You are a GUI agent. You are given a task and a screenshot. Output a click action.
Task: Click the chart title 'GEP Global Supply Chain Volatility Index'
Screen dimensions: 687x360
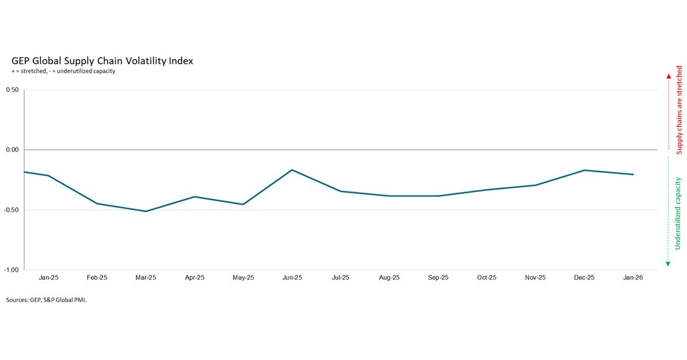pyautogui.click(x=102, y=61)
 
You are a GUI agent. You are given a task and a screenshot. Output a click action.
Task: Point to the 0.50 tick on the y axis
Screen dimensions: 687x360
pyautogui.click(x=12, y=90)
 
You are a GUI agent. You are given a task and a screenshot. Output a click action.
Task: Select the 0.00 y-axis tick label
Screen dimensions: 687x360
pyautogui.click(x=12, y=150)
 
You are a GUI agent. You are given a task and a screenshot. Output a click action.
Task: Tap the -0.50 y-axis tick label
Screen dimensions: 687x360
pyautogui.click(x=11, y=210)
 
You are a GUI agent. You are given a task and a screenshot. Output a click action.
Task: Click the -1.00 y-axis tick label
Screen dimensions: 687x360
pyautogui.click(x=11, y=270)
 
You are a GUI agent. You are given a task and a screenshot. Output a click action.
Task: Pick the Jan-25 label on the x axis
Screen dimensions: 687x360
pyautogui.click(x=48, y=278)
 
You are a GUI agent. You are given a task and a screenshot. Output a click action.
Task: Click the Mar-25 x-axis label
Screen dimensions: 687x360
pyautogui.click(x=145, y=278)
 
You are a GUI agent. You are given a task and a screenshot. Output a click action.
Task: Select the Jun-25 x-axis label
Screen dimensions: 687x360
pyautogui.click(x=292, y=278)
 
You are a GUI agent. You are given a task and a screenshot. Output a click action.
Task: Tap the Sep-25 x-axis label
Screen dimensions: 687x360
pyautogui.click(x=438, y=278)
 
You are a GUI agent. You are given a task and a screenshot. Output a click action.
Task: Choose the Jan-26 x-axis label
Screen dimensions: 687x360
pyautogui.click(x=633, y=278)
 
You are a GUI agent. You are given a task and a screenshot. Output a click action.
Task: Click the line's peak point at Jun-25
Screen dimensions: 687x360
pyautogui.click(x=292, y=170)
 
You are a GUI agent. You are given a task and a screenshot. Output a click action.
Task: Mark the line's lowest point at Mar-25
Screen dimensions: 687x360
pyautogui.click(x=145, y=211)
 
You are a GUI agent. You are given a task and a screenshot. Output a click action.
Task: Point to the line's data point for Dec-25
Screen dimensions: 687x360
pyautogui.click(x=584, y=170)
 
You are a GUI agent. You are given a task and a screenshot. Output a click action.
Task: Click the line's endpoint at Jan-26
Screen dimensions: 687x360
pyautogui.click(x=633, y=174)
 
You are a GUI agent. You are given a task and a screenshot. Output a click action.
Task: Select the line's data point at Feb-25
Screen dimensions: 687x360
pyautogui.click(x=97, y=204)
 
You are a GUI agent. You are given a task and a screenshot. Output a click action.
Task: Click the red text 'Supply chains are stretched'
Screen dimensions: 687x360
pyautogui.click(x=679, y=110)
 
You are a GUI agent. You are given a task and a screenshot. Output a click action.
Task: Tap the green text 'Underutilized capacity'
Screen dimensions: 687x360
pyautogui.click(x=678, y=213)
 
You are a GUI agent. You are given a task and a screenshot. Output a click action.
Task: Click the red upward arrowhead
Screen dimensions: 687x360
pyautogui.click(x=668, y=76)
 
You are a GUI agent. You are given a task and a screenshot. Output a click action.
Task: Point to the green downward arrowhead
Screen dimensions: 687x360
pyautogui.click(x=668, y=264)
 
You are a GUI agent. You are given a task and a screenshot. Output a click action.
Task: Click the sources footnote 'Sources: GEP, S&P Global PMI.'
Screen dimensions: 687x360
pyautogui.click(x=47, y=300)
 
